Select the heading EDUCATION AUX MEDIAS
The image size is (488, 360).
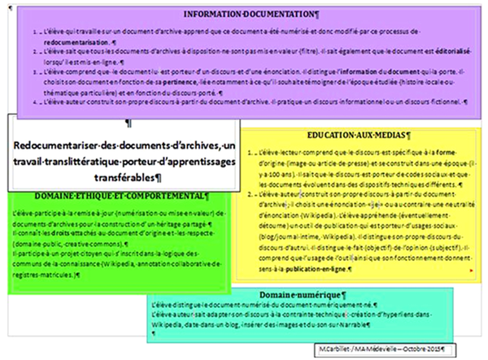pyautogui.click(x=359, y=136)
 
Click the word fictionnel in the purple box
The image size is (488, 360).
pyautogui.click(x=443, y=102)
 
